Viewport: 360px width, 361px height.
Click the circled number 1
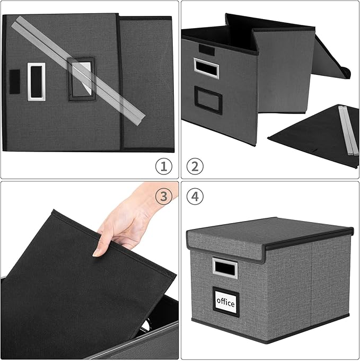click(x=164, y=166)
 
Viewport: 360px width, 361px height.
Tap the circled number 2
click(x=195, y=166)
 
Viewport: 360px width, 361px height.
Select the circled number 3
click(x=164, y=197)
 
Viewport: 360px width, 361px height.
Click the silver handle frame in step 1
click(x=36, y=81)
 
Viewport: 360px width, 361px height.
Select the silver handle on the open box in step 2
click(x=206, y=68)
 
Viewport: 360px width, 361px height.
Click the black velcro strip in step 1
click(x=14, y=80)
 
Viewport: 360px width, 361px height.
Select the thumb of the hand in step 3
click(x=102, y=245)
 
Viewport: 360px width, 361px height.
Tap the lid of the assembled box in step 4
click(x=265, y=233)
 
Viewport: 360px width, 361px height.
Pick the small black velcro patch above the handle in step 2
click(x=206, y=51)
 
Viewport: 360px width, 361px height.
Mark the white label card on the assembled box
click(x=225, y=301)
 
